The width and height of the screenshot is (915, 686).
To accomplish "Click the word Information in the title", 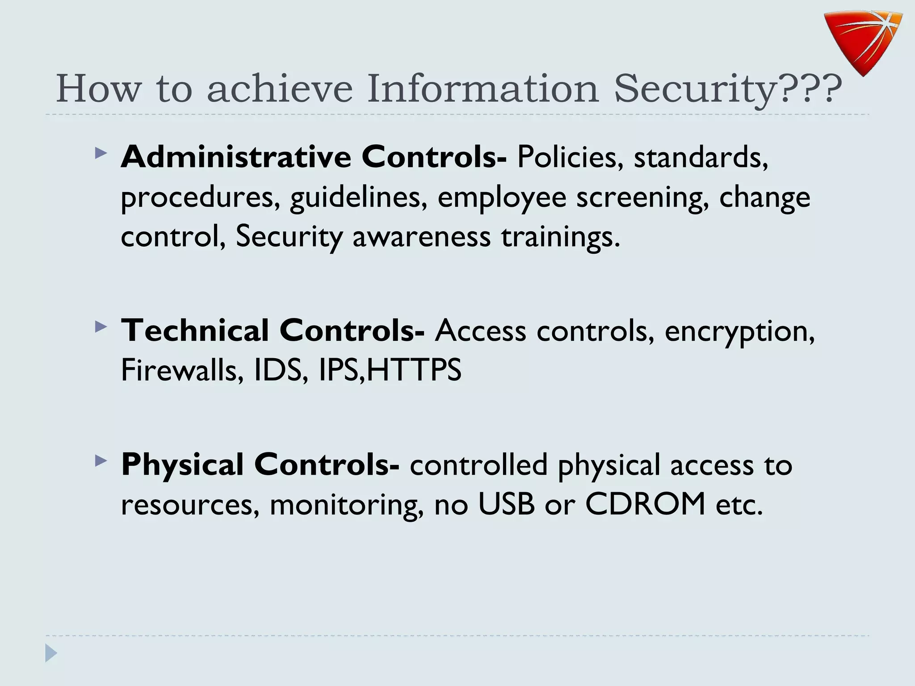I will pos(483,88).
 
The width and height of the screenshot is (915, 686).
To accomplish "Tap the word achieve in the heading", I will pos(280,88).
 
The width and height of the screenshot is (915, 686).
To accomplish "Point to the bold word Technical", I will pos(195,330).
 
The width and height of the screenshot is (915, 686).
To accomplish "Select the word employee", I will pos(502,197).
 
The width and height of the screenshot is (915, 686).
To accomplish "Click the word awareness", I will pos(422,237).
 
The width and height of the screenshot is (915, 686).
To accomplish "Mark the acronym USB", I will pos(506,504).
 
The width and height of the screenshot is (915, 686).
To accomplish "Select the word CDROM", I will pos(645,504).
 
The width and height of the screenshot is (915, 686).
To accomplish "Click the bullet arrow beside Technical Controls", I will pos(101,327).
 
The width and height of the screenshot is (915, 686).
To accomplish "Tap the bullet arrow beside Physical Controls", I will pos(101,461).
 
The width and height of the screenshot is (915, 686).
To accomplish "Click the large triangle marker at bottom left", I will pos(51,653).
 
